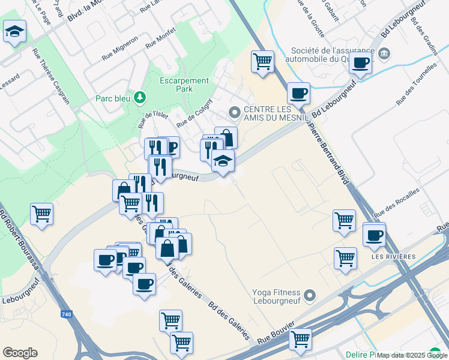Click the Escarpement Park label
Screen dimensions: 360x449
184,85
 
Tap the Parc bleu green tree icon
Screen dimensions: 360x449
140,97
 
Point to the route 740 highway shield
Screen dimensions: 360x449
67,314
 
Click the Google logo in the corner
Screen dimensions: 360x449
20,353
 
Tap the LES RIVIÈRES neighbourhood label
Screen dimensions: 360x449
393,257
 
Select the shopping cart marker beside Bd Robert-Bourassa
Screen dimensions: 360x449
41,214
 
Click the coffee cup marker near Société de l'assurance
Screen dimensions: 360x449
361,62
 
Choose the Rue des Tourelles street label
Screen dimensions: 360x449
415,85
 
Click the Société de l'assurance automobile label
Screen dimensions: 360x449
333,55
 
